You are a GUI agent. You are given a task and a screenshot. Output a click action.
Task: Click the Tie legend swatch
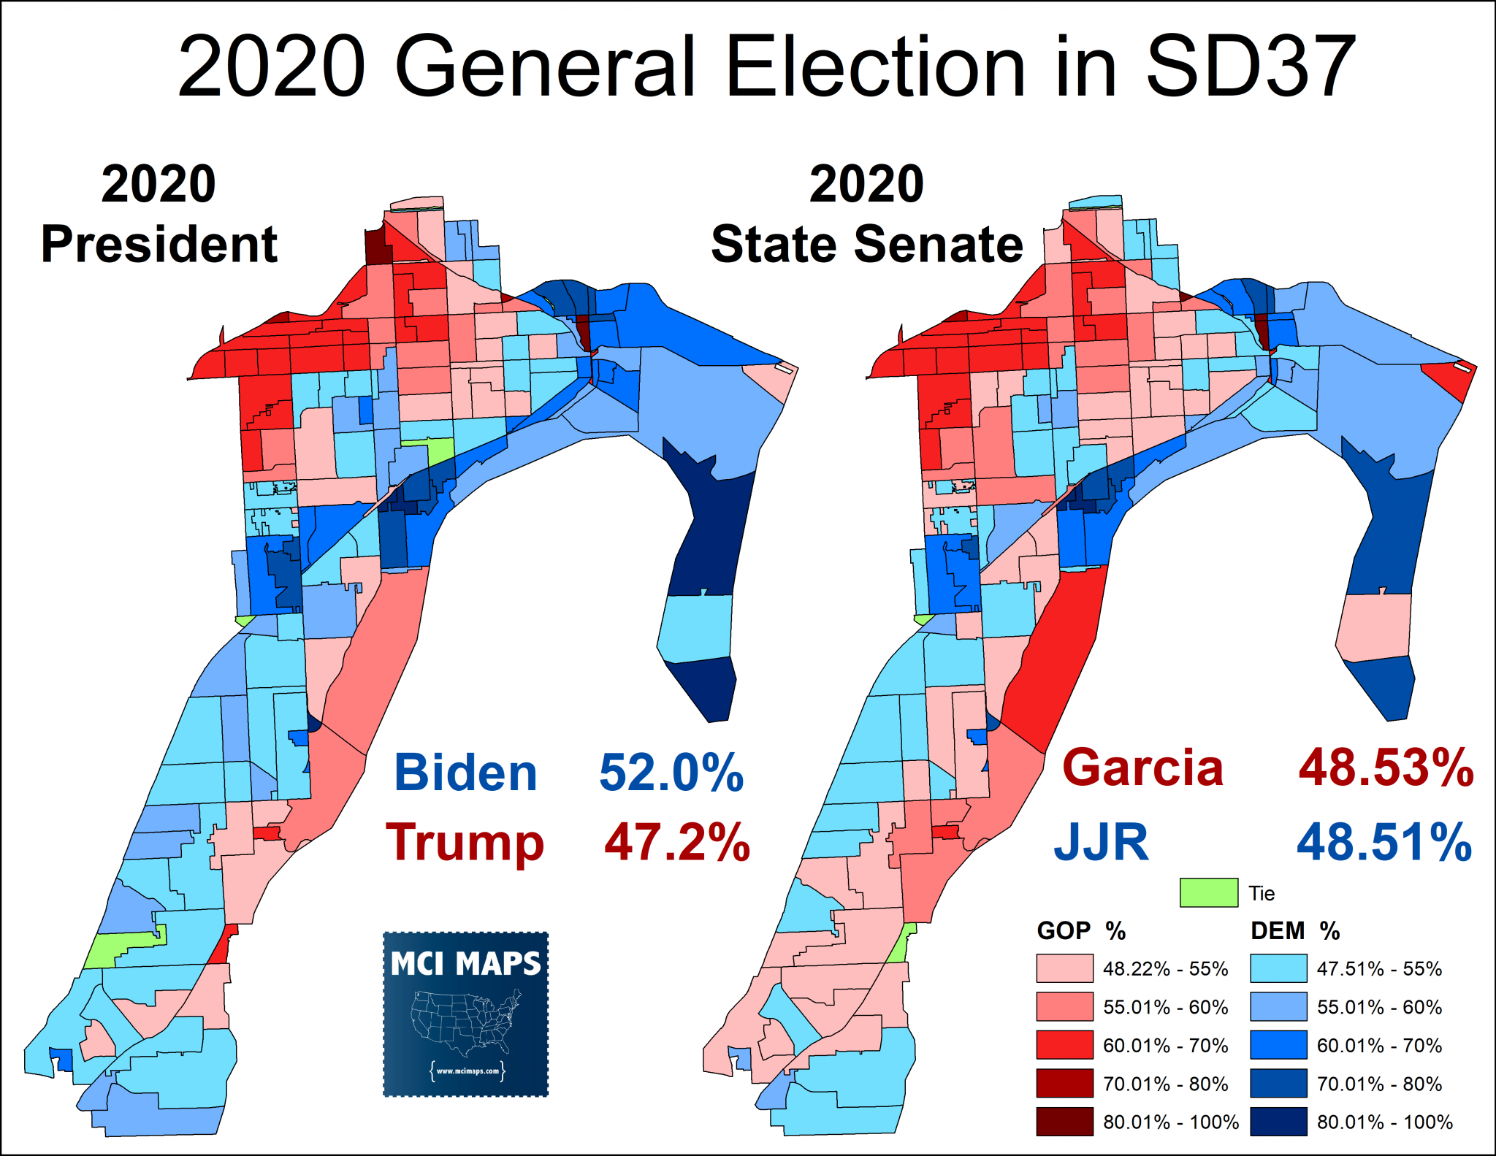pyautogui.click(x=1208, y=892)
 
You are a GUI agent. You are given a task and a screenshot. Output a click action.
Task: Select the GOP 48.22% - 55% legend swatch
pyautogui.click(x=1064, y=968)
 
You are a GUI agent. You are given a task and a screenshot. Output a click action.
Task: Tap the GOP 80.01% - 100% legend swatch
pyautogui.click(x=1064, y=1122)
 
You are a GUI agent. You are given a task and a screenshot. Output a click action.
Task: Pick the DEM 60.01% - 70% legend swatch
pyautogui.click(x=1278, y=1045)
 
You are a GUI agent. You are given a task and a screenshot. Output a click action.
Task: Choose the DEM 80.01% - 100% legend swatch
pyautogui.click(x=1278, y=1122)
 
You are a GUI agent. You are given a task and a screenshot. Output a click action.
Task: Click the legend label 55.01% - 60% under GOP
pyautogui.click(x=1166, y=1007)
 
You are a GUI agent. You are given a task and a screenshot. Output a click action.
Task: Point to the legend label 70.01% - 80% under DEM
pyautogui.click(x=1379, y=1084)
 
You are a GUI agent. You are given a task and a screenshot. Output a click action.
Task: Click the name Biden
pyautogui.click(x=465, y=773)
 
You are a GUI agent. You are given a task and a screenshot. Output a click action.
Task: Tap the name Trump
pyautogui.click(x=465, y=843)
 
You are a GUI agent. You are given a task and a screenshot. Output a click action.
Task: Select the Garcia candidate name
pyautogui.click(x=1142, y=768)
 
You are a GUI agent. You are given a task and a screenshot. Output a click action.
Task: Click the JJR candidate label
pyautogui.click(x=1101, y=842)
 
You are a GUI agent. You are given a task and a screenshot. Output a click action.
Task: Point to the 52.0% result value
pyautogui.click(x=671, y=773)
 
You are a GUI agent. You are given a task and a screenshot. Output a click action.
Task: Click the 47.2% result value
pyautogui.click(x=677, y=843)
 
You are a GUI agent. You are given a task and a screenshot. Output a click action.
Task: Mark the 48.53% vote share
pyautogui.click(x=1386, y=768)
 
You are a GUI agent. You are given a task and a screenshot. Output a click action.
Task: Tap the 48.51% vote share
pyautogui.click(x=1384, y=842)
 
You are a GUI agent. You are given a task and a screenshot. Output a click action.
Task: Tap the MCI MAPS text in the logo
pyautogui.click(x=465, y=964)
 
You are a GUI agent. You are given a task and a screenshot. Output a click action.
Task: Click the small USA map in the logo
pyautogui.click(x=465, y=1021)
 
